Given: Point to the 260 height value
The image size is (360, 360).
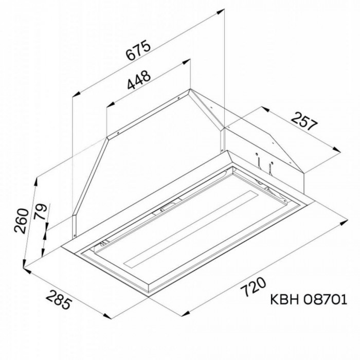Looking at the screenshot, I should [x=21, y=222].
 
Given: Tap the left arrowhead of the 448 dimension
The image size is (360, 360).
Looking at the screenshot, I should [x=108, y=105].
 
